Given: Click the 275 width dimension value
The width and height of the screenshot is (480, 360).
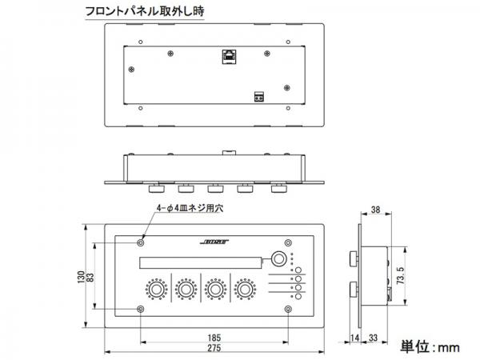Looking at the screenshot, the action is coord(214,348).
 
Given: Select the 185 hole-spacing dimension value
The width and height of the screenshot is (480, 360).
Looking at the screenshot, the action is coord(214,338).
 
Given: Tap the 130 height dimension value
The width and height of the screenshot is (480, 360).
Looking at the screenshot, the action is coord(81,277).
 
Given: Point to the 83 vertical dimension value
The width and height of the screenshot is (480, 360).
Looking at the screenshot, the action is coord(90,278).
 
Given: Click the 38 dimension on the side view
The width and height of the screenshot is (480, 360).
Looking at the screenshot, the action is coord(376,210).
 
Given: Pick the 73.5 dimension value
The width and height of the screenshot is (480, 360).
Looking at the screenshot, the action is coord(401,275).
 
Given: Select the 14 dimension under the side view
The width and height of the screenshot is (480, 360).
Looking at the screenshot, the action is coord(354,338).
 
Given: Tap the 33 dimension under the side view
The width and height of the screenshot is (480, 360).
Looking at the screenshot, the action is coord(373,338).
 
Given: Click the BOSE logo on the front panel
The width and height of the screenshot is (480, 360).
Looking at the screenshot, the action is coord(214,242).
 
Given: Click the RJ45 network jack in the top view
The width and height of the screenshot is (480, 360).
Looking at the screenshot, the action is coord(229,56).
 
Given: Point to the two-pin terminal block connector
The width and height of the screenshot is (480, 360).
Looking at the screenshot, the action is coord(259,97).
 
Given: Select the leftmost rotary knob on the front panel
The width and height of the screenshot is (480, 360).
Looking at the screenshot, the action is coord(157,289).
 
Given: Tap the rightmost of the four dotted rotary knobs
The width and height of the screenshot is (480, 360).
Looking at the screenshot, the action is coord(245,289).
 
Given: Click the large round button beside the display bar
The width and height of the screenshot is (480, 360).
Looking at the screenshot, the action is coord(278,258).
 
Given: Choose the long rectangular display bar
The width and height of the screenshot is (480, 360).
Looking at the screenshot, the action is coord(201,263).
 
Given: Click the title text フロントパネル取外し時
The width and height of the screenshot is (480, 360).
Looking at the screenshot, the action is coord(145,12).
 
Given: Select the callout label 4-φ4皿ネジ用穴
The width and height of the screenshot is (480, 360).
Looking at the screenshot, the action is coord(190,208).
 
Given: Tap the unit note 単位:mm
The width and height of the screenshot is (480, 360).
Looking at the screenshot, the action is coord(430,347).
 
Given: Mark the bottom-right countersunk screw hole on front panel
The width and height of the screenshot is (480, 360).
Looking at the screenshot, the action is coord(288,309).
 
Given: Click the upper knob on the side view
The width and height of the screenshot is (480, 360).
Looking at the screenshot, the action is coord(353,258).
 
